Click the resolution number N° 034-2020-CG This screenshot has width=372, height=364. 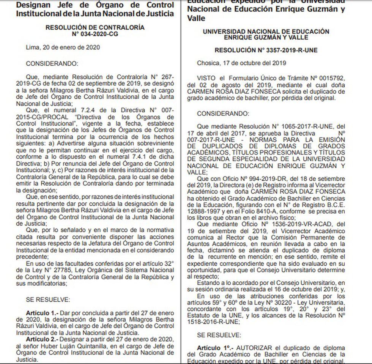(95, 34)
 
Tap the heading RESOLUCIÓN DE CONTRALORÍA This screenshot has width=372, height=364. (95, 28)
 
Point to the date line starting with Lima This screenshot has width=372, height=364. (62, 47)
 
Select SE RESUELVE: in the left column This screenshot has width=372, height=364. (48, 299)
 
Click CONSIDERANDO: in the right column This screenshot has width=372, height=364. (223, 113)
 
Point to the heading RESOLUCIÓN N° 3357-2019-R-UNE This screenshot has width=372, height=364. (266, 50)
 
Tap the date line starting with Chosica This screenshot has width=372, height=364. (241, 63)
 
